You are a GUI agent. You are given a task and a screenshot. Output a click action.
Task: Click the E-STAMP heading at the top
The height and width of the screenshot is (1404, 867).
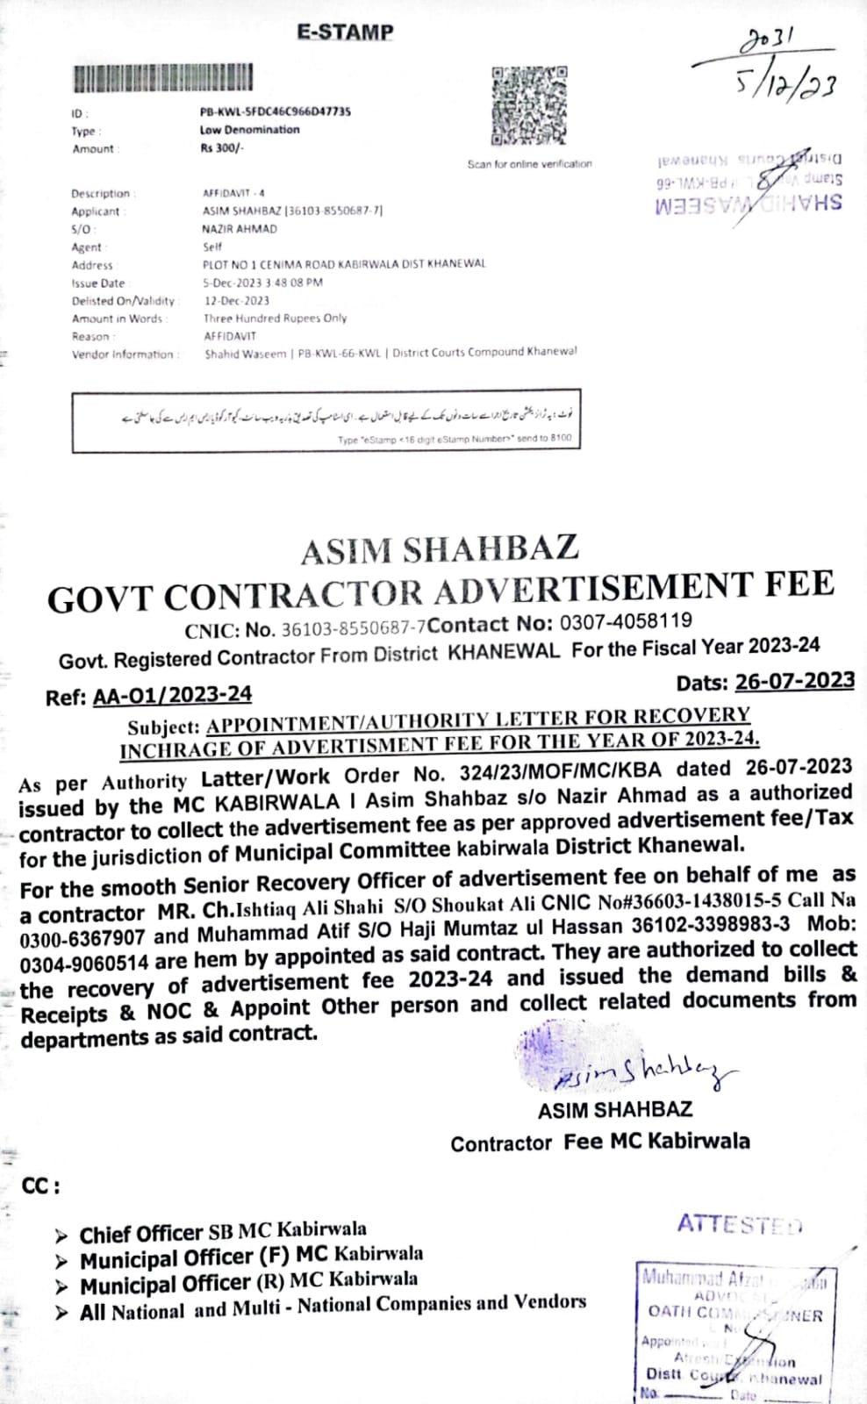345,32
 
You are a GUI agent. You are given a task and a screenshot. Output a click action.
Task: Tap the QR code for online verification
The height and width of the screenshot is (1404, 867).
529,104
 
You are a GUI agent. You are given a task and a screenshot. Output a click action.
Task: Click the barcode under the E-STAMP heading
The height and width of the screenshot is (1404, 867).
163,78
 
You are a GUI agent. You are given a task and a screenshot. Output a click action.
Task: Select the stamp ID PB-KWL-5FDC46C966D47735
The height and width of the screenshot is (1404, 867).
276,111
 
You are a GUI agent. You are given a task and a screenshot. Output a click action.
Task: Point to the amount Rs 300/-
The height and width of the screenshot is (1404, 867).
222,147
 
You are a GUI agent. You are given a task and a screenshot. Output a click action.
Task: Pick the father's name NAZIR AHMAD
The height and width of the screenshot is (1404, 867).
239,229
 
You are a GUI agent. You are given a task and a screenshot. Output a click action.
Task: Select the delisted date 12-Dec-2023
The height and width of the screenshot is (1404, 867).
237,300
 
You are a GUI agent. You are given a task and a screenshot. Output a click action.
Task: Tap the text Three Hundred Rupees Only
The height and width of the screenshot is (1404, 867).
276,319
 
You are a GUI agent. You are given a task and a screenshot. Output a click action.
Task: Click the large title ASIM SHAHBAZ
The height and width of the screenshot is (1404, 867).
440,550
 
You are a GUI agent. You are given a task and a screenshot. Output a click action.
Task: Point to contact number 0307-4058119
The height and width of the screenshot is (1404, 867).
626,622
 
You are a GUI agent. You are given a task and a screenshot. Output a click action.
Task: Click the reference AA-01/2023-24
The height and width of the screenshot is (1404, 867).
172,695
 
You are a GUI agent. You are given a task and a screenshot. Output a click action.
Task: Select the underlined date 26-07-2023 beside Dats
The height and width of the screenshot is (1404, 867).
794,680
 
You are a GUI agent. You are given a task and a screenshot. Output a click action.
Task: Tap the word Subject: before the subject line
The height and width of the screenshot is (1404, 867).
164,727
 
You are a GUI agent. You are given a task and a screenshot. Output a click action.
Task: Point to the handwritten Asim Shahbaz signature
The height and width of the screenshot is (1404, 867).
641,1068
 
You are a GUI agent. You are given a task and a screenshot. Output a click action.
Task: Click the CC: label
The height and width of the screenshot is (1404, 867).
40,1186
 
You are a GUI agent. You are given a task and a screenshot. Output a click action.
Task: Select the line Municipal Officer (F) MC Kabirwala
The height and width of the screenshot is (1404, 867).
251,1257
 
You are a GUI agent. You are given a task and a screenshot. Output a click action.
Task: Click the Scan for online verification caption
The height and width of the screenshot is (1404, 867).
529,164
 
